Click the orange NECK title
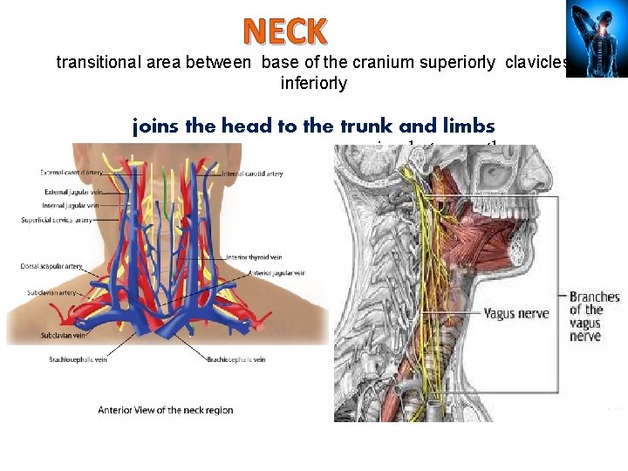tap(285, 31)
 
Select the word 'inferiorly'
tap(314, 84)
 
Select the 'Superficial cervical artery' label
tap(57, 220)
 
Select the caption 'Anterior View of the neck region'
tap(166, 410)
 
